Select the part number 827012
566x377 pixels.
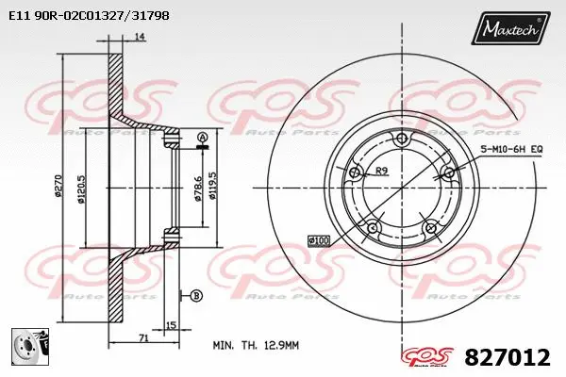[x=507, y=357]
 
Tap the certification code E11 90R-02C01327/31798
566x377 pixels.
[x=82, y=16]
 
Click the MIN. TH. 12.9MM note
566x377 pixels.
[x=255, y=346]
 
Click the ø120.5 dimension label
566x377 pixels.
[x=84, y=185]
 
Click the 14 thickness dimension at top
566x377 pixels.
[x=139, y=37]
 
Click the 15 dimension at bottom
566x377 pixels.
[x=170, y=326]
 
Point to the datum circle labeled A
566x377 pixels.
[x=203, y=139]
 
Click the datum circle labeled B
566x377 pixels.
[x=196, y=295]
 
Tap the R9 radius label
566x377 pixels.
[x=382, y=172]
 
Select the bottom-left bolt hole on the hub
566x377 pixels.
[x=373, y=227]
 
